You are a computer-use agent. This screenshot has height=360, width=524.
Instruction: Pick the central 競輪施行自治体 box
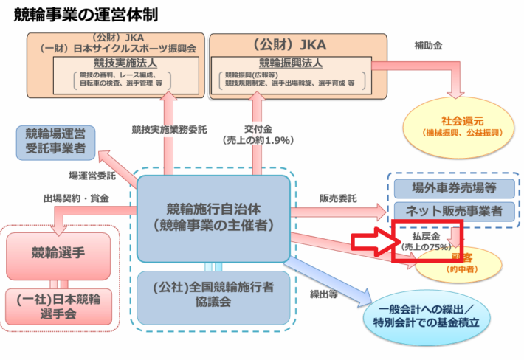click(x=214, y=214)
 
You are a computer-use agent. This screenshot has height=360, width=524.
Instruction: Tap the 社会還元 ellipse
click(x=463, y=124)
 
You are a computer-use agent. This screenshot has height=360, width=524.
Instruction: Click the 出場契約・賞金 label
click(x=76, y=198)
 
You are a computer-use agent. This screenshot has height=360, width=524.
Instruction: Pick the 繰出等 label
click(x=324, y=294)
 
